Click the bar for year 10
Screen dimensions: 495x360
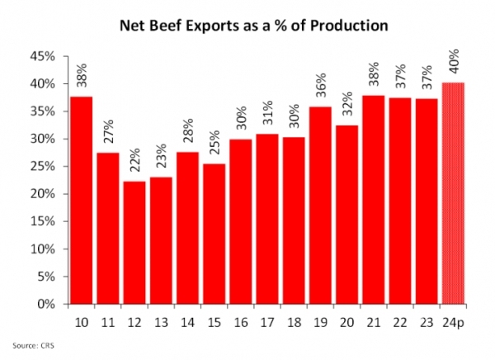(81, 201)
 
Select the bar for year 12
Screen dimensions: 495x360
(134, 243)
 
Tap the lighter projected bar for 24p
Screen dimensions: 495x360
(453, 193)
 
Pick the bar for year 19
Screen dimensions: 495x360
(320, 206)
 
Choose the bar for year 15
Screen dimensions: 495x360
(214, 234)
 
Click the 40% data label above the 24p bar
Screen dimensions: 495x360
(454, 61)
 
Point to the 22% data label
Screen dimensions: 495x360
(134, 160)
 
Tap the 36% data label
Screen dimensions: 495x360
(321, 85)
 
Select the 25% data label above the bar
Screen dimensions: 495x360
(214, 142)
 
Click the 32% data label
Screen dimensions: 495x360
(347, 104)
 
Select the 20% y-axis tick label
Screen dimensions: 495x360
(42, 194)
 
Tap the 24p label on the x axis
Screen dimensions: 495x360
(453, 323)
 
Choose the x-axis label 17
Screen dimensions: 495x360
(267, 323)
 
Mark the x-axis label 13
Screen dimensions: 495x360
(161, 323)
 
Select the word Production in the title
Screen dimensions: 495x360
(349, 26)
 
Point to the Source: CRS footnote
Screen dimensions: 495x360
(34, 345)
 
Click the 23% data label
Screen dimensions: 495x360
(162, 156)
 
